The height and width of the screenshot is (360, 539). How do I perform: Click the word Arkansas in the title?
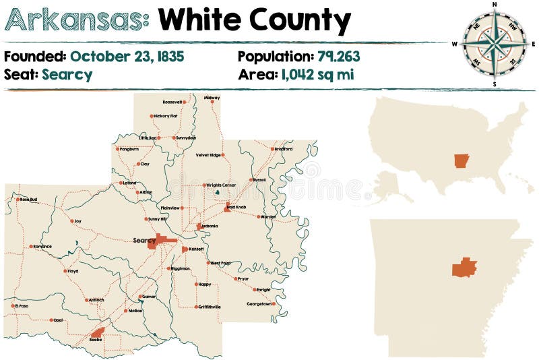tap(76, 22)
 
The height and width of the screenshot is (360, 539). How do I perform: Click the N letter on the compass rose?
tap(495, 5)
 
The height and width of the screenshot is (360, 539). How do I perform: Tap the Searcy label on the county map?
tap(144, 240)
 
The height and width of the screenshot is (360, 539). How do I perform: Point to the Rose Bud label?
tap(28, 200)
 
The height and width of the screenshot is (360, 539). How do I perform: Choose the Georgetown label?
tap(259, 304)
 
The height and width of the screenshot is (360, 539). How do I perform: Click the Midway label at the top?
tap(212, 98)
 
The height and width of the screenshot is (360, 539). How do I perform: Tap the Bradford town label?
tap(284, 149)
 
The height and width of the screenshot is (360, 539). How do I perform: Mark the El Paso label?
tap(21, 305)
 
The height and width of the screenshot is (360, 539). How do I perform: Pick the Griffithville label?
tap(209, 307)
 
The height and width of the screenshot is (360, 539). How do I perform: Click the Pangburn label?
tap(129, 149)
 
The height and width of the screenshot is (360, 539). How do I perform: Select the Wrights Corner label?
tap(221, 185)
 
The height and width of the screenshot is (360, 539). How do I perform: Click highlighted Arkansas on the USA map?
tap(462, 160)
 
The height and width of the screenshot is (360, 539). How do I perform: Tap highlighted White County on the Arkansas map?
tap(464, 268)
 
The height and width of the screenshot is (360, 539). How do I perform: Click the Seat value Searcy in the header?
tap(67, 74)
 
